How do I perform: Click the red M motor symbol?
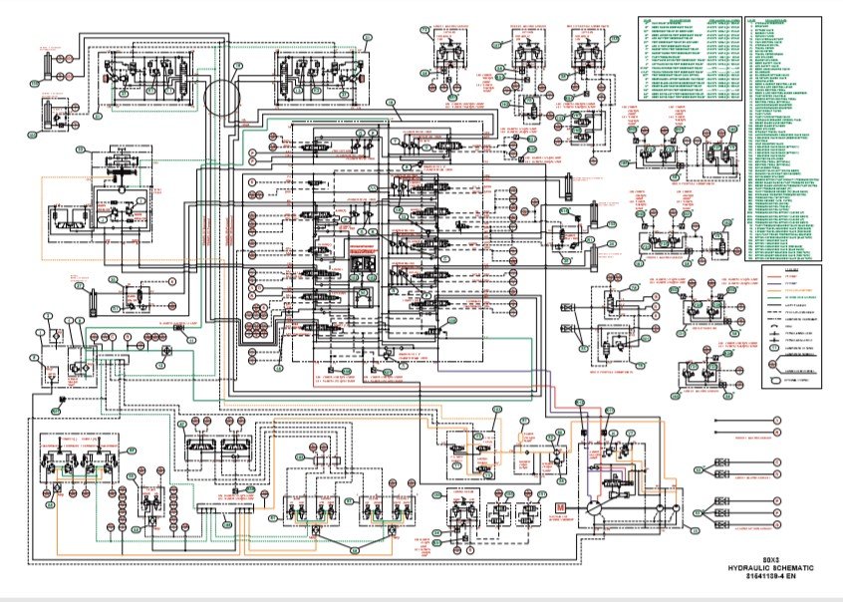click(x=560, y=508)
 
